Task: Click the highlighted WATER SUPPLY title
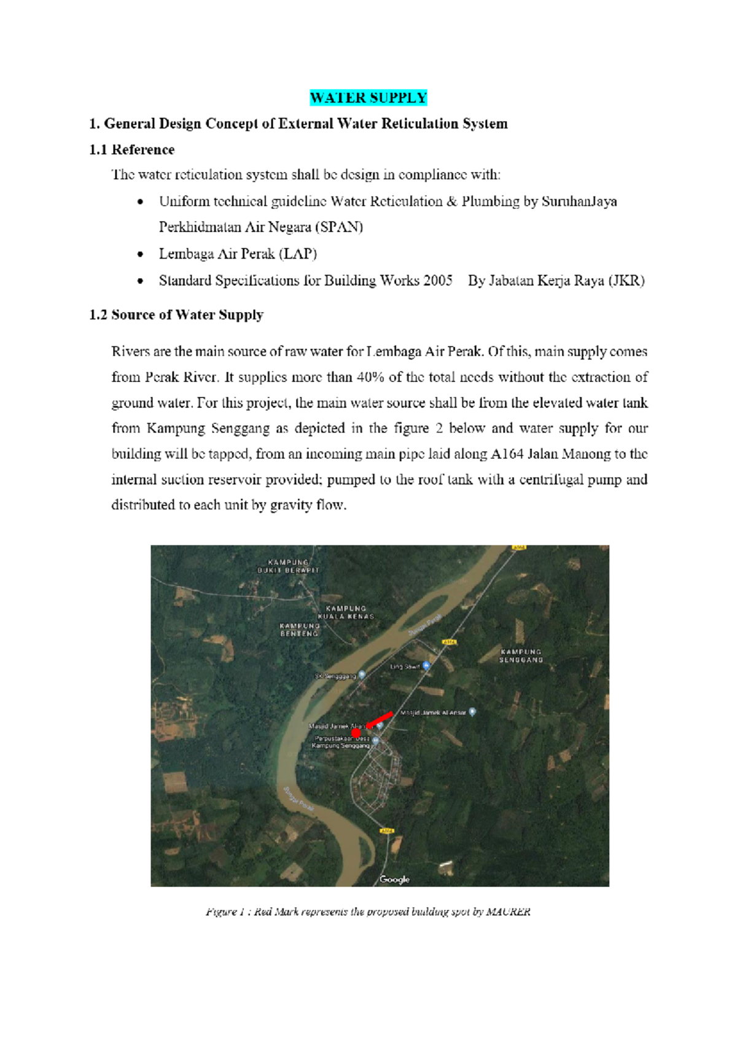[368, 98]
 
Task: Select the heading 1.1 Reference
[131, 150]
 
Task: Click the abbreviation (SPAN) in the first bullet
[339, 227]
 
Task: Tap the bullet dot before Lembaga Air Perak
[141, 254]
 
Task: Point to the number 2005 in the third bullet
[438, 281]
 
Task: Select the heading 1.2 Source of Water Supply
[176, 315]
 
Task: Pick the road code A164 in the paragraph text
[507, 454]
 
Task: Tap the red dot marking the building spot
[356, 733]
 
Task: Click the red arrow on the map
[380, 719]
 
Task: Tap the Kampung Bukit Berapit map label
[288, 566]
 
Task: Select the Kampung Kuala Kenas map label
[346, 612]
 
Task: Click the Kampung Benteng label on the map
[300, 630]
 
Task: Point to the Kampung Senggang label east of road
[521, 655]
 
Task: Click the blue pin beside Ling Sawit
[426, 665]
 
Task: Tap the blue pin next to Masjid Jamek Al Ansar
[472, 712]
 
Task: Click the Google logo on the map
[394, 879]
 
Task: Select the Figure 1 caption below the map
[368, 912]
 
